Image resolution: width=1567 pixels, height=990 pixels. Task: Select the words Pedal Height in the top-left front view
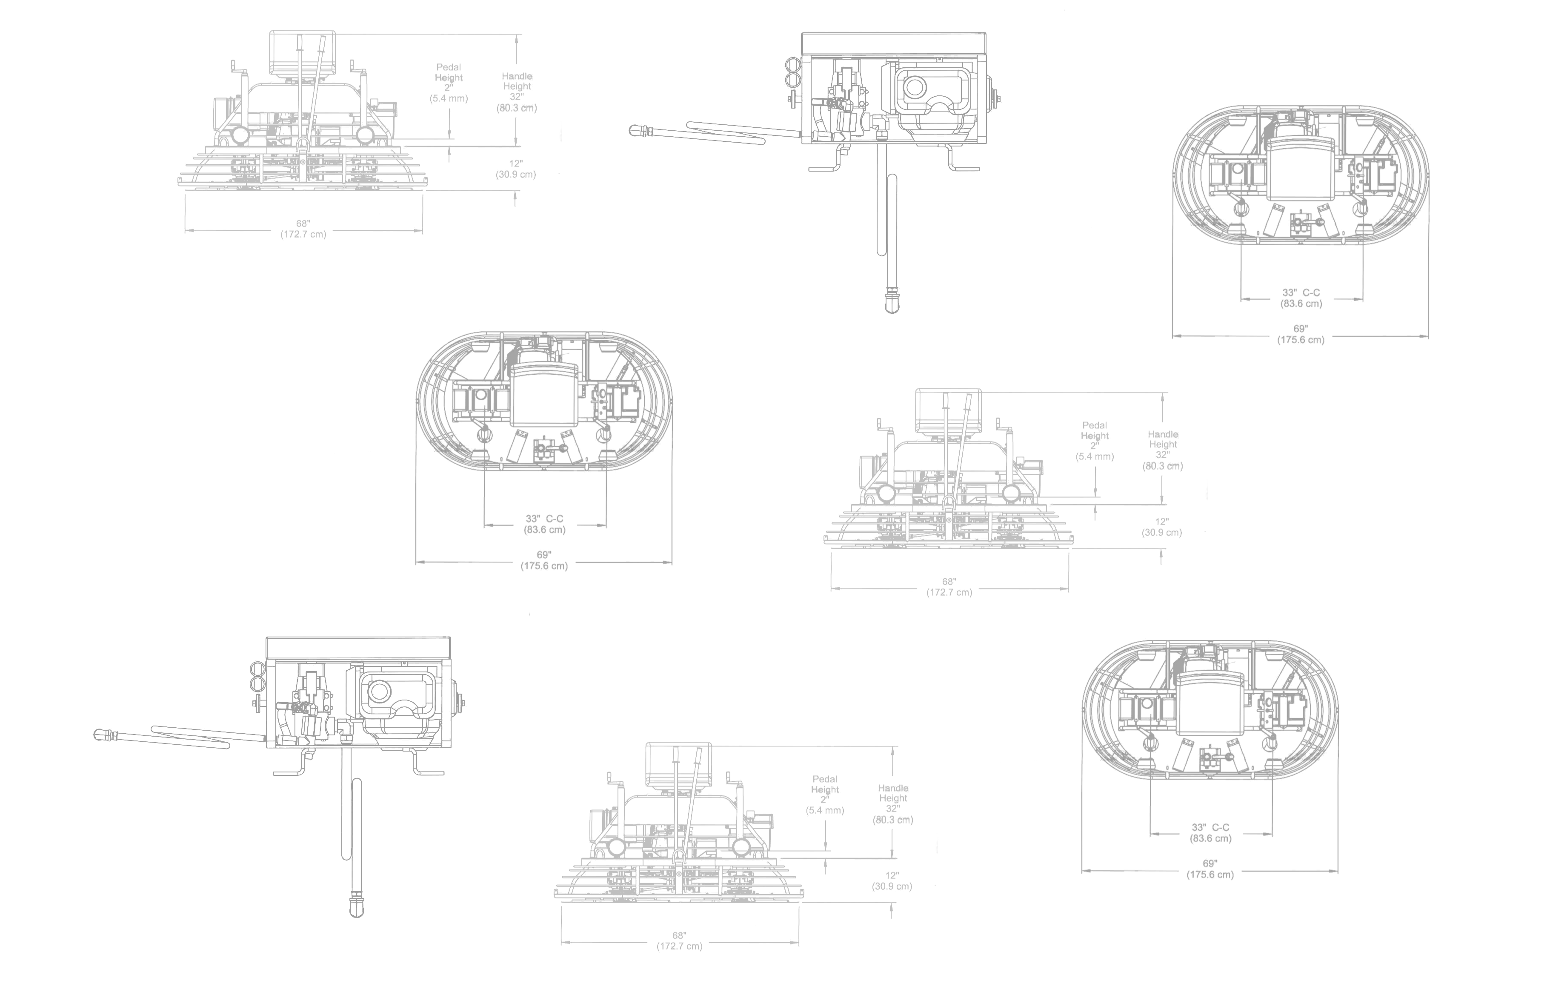[449, 72]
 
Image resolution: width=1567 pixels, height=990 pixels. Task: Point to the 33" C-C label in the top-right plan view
[1301, 293]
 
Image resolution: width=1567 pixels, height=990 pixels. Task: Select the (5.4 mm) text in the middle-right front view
[1095, 457]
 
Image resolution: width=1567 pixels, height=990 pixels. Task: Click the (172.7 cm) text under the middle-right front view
[949, 592]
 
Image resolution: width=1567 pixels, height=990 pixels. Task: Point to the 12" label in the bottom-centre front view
[892, 875]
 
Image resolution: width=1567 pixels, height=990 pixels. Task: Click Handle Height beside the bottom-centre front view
[893, 793]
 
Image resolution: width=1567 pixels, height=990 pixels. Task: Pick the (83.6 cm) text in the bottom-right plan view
[1211, 838]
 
